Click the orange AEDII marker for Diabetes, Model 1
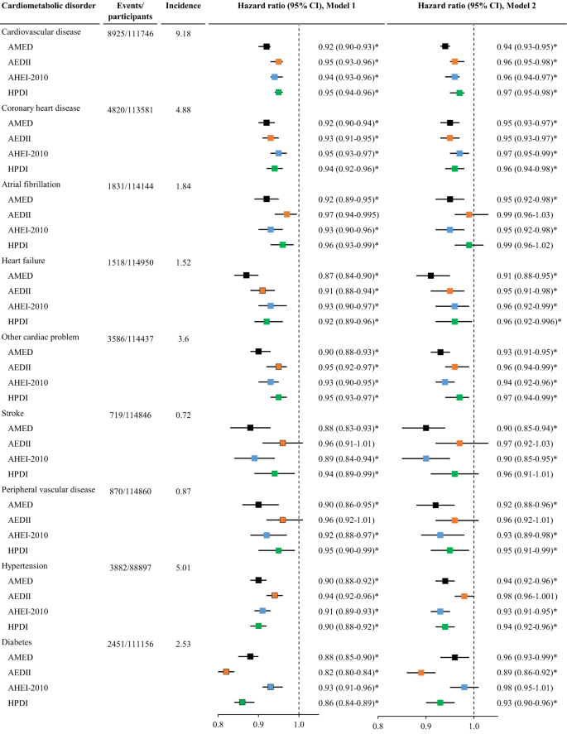coord(226,671)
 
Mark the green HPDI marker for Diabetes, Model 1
coord(243,702)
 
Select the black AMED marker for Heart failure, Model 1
coord(246,276)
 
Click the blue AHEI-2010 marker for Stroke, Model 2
coord(426,458)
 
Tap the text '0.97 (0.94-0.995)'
coord(348,214)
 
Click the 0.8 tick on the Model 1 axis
coord(219,724)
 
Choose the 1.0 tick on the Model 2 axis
coord(473,724)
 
